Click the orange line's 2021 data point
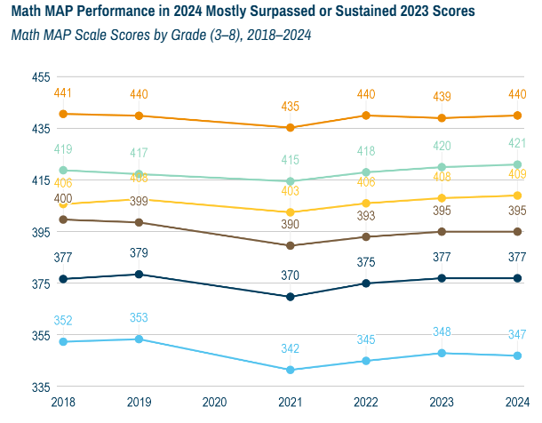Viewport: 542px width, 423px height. coord(290,128)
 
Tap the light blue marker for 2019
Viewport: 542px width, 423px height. coord(139,339)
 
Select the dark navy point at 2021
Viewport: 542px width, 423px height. coord(290,297)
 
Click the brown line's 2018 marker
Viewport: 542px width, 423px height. coord(63,219)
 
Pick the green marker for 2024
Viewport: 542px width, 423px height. coord(517,164)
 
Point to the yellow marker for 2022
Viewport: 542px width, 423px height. coord(366,204)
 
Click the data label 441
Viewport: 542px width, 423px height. coord(63,93)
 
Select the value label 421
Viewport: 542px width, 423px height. coord(517,143)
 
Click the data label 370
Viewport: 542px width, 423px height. coord(291,276)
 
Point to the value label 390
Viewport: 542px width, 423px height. coord(291,225)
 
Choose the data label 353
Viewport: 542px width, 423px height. coord(139,318)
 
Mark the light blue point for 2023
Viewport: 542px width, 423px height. coord(442,353)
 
